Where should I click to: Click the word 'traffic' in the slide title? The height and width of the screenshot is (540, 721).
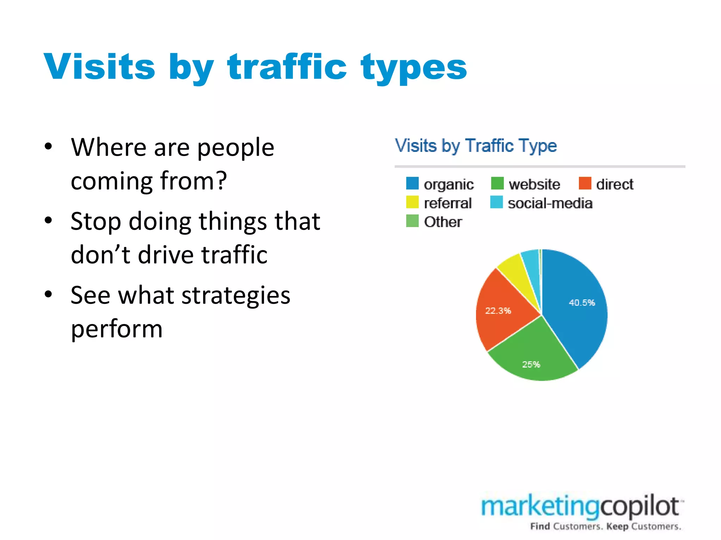point(287,67)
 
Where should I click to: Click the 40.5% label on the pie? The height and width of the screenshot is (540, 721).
point(582,303)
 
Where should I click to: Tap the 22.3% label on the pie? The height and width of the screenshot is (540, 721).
point(498,311)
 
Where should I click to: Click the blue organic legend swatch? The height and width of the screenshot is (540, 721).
point(412,183)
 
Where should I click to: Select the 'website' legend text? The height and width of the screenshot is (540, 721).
point(534,184)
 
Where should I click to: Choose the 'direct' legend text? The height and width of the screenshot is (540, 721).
point(615,184)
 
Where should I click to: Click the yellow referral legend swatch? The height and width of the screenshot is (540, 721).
point(412,202)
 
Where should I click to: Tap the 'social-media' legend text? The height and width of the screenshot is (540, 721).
point(550,203)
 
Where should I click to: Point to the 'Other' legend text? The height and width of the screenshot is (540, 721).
point(443,222)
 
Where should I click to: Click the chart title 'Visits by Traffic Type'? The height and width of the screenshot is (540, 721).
point(476,146)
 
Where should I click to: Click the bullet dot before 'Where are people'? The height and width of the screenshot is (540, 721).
point(49,146)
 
